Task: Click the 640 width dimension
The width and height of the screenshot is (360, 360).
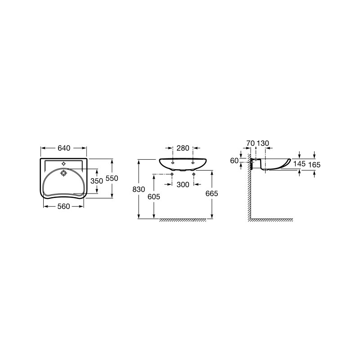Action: (64, 148)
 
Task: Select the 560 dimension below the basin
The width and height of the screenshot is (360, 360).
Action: (63, 207)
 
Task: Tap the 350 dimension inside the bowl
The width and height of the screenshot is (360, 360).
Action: (97, 181)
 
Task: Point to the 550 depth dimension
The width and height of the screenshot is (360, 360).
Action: (112, 178)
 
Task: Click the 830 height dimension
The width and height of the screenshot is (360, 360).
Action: (139, 189)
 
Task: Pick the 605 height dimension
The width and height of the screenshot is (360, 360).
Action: (154, 197)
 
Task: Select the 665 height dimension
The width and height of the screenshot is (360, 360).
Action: (211, 193)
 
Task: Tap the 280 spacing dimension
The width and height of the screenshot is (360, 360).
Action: (183, 148)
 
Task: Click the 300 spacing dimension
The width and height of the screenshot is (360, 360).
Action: (183, 184)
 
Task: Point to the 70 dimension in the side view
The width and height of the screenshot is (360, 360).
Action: (251, 143)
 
